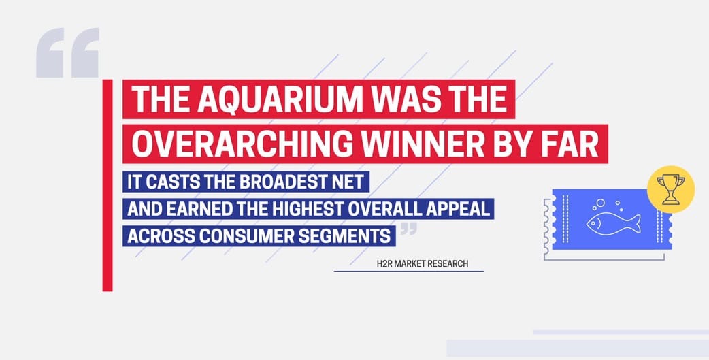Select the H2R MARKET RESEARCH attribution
click(x=423, y=263)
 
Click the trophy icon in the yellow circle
click(x=671, y=189)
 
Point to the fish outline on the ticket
click(x=613, y=223)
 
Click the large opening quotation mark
click(x=67, y=52)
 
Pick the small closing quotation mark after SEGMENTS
click(x=409, y=229)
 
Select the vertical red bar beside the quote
click(x=107, y=185)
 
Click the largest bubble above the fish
click(x=601, y=203)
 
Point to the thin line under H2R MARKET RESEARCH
click(x=409, y=272)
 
